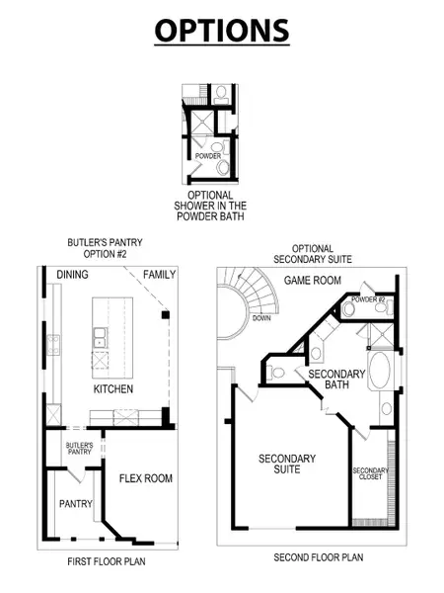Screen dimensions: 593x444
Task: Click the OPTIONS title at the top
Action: (x=222, y=30)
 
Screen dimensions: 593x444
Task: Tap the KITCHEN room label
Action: (x=112, y=389)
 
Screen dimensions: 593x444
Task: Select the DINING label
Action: (x=73, y=274)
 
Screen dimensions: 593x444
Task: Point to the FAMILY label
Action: (x=159, y=274)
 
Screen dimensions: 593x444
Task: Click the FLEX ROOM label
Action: (x=146, y=478)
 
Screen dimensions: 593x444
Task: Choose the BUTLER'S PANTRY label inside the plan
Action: (x=79, y=450)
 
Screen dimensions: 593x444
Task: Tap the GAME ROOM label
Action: (x=313, y=281)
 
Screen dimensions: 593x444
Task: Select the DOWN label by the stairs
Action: (x=261, y=318)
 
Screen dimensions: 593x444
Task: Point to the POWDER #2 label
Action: (x=367, y=298)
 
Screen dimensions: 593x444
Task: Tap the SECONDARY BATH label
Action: (x=336, y=381)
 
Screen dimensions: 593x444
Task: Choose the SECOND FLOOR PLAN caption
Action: (x=318, y=557)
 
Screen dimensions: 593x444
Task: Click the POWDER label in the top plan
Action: (x=207, y=155)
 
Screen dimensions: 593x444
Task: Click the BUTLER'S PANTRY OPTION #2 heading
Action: (x=98, y=247)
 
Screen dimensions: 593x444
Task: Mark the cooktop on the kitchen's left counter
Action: (x=52, y=347)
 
